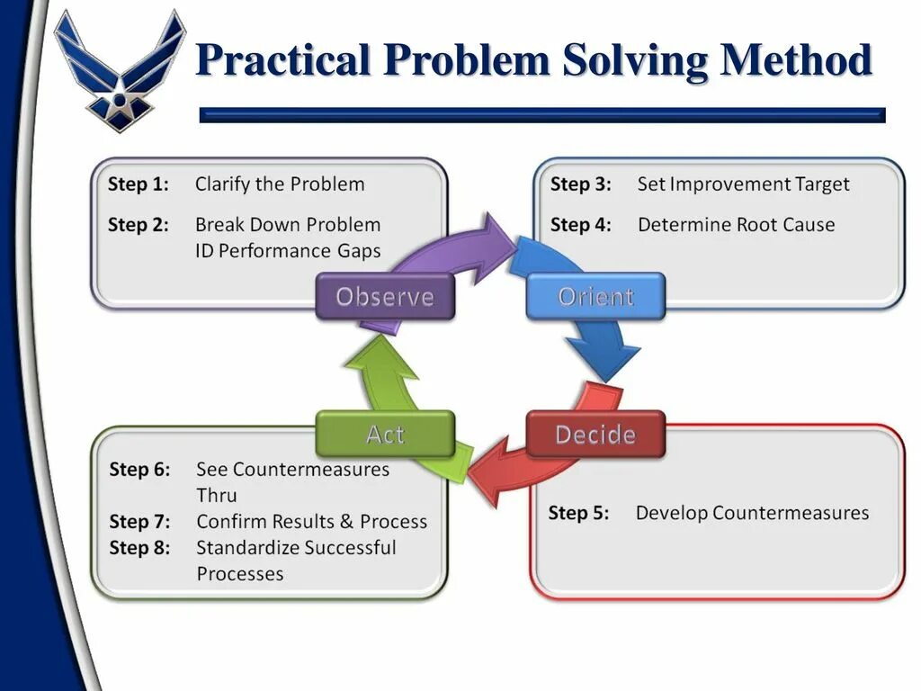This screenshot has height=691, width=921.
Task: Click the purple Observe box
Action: point(385,297)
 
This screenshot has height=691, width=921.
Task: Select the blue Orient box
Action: point(595,297)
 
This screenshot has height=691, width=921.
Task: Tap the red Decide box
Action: point(595,435)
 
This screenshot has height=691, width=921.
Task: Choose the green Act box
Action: point(385,435)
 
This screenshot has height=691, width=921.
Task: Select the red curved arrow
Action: point(531,468)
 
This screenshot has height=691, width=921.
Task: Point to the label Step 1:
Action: point(139,184)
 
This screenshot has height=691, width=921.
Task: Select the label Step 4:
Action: point(581,225)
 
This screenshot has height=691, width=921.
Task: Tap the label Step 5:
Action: point(578,514)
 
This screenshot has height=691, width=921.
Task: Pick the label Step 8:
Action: point(139,548)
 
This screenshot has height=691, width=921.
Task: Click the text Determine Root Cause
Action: point(736,225)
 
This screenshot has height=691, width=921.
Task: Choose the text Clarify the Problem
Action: point(280,184)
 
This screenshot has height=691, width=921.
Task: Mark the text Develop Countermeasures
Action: point(752,514)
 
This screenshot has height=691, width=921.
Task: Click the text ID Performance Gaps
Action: point(288,251)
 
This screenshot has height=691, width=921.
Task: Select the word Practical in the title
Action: point(283,60)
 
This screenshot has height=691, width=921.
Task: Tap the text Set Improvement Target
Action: point(743,184)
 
